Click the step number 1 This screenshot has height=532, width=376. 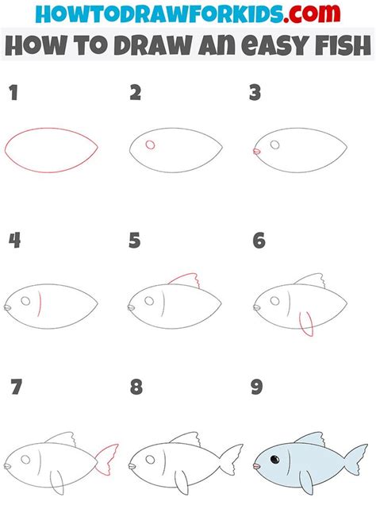click(13, 94)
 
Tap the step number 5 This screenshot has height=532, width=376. click(135, 241)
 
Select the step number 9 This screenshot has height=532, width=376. click(257, 388)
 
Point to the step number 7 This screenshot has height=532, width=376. click(14, 388)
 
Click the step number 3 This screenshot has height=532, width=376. click(255, 94)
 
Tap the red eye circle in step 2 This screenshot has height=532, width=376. click(149, 145)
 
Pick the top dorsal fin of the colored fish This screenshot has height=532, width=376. click(310, 439)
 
